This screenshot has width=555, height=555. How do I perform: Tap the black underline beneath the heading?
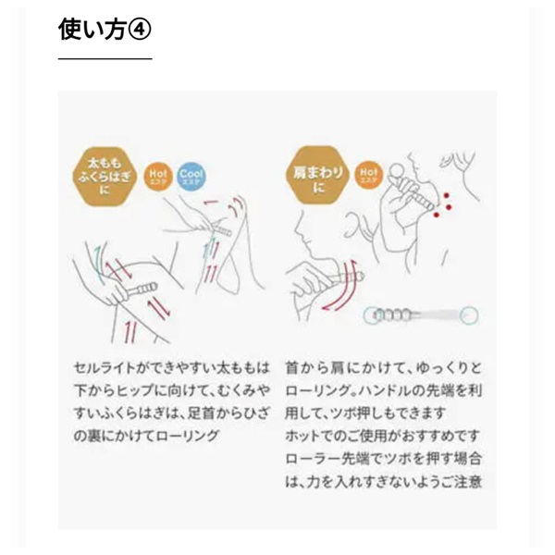(105, 58)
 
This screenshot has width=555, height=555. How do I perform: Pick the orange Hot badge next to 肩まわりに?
(366, 173)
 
